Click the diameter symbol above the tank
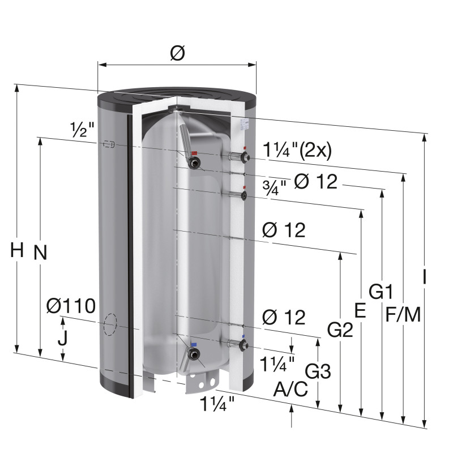(x=177, y=53)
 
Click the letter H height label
(x=17, y=250)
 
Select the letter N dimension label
(x=40, y=252)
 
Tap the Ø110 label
(x=71, y=306)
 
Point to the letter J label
(x=63, y=338)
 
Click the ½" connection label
(x=82, y=129)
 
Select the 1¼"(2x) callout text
(x=297, y=151)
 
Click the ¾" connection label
(x=275, y=188)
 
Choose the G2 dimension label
(x=340, y=330)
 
